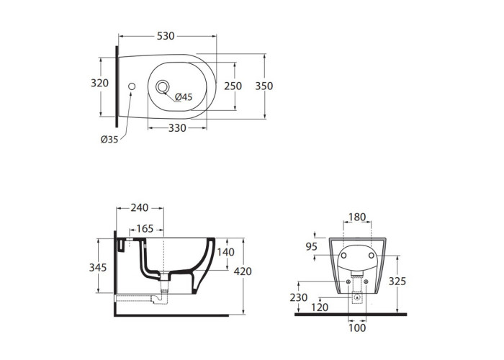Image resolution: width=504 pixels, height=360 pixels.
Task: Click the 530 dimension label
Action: pos(166,36)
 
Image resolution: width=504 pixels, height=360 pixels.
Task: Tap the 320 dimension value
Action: pos(99,83)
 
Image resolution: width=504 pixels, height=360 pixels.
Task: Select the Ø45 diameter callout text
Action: pos(184,96)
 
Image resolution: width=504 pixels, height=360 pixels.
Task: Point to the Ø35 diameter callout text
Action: pos(109,140)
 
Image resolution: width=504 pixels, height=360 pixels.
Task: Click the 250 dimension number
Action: pos(233,86)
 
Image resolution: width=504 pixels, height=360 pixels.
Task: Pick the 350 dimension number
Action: pos(264,86)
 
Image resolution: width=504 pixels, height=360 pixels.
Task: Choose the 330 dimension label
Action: pos(177,128)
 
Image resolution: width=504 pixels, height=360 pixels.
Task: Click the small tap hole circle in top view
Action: pos(132,86)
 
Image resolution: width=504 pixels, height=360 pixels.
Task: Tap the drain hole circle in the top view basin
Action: pos(162,87)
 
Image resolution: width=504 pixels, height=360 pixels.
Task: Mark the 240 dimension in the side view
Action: pos(140,208)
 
